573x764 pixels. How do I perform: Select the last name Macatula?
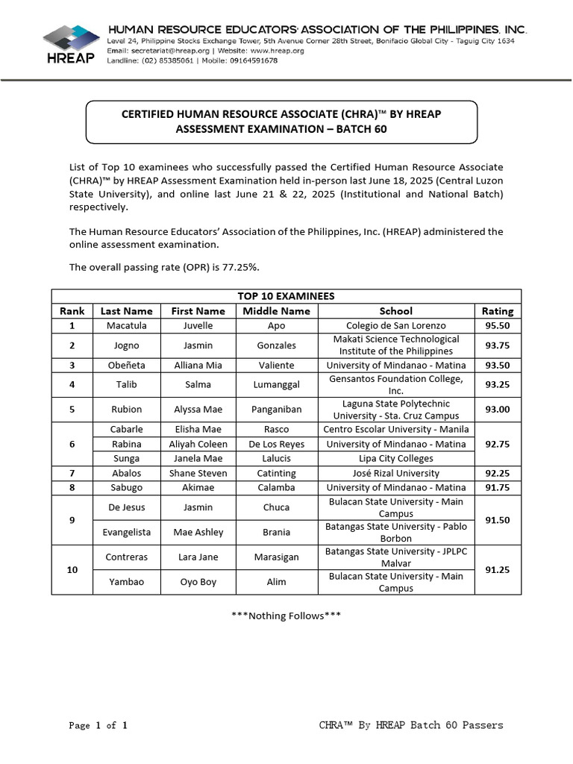(126, 325)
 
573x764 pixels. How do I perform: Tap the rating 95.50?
(498, 325)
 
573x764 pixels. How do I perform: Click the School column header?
(395, 311)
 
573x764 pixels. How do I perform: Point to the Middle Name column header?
(276, 311)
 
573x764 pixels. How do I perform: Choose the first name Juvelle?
(198, 325)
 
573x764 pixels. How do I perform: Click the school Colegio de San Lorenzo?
(395, 325)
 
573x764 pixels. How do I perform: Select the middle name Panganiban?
(276, 410)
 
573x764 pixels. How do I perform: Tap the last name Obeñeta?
(126, 366)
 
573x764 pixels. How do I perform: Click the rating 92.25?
(498, 473)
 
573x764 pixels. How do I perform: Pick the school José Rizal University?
(395, 473)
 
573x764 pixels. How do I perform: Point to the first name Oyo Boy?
(198, 582)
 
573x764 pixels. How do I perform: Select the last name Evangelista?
(126, 532)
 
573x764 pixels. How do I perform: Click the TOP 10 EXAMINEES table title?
(286, 296)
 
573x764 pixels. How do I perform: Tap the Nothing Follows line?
(286, 616)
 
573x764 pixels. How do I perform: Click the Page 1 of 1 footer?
(98, 725)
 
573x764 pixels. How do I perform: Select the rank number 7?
(72, 473)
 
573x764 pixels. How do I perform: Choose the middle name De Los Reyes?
(276, 444)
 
